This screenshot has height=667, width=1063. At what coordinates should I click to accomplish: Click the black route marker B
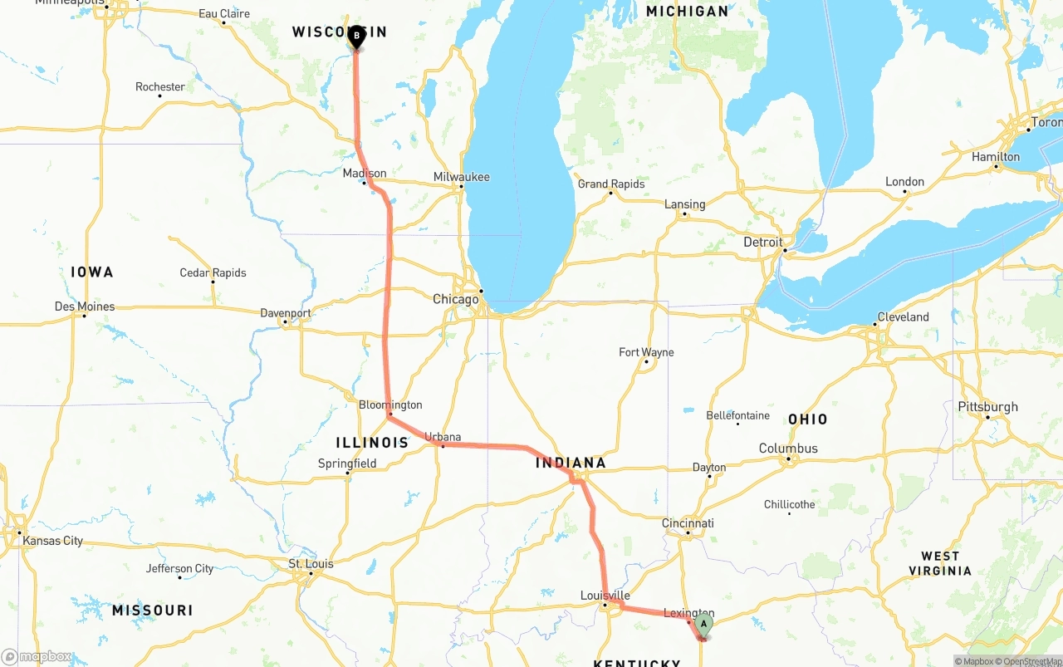tap(356, 36)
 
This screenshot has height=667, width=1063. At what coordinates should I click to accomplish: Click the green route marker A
tap(703, 624)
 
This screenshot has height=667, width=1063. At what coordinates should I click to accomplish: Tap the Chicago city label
tap(455, 299)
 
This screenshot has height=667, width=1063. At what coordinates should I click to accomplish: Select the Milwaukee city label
tap(461, 177)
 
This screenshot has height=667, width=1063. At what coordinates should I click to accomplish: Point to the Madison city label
tap(365, 173)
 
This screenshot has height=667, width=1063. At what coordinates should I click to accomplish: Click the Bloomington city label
tap(390, 405)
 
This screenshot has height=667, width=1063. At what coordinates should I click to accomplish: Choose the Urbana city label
tap(443, 436)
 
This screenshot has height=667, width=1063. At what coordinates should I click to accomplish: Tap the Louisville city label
tap(605, 596)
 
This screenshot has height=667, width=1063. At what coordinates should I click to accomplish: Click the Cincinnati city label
tap(688, 523)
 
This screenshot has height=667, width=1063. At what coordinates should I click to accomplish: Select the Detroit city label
tap(762, 243)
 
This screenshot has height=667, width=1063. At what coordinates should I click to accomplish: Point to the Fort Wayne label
tap(646, 352)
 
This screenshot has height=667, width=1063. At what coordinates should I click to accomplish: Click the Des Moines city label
tap(85, 307)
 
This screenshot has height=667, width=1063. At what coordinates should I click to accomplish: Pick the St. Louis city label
tap(311, 564)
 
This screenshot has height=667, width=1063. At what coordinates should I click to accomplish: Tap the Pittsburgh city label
tap(987, 407)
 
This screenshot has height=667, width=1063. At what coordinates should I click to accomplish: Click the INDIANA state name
tap(571, 463)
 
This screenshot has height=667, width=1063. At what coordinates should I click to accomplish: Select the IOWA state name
tap(91, 272)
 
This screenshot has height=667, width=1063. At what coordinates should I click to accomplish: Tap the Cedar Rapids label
tap(213, 272)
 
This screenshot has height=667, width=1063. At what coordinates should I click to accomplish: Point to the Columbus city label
tap(788, 449)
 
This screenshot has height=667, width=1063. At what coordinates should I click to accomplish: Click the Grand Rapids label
tap(610, 184)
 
